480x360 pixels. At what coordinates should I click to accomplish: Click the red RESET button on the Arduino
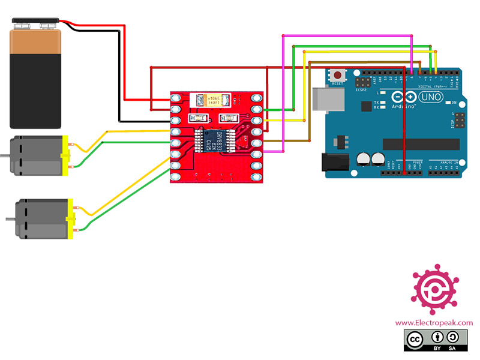pyautogui.click(x=338, y=76)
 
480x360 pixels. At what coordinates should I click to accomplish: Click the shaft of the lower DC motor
pyautogui.click(x=8, y=218)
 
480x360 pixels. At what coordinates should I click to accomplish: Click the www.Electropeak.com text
pyautogui.click(x=433, y=323)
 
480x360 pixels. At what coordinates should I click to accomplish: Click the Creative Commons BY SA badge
pyautogui.click(x=433, y=340)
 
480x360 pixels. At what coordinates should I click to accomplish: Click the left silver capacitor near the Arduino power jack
pyautogui.click(x=364, y=158)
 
